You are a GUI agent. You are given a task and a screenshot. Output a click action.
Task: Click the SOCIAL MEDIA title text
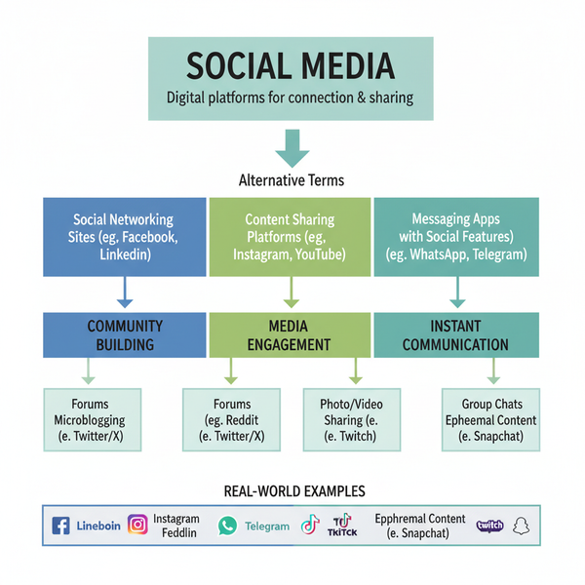[291, 66]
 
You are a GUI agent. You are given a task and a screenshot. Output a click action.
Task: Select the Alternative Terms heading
[291, 180]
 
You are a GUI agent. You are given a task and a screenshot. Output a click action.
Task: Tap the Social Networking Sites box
[124, 237]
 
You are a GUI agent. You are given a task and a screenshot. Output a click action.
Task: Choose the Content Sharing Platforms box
[291, 237]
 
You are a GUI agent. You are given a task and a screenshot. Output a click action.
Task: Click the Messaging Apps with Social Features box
[455, 237]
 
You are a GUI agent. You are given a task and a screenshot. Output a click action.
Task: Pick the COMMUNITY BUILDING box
[124, 334]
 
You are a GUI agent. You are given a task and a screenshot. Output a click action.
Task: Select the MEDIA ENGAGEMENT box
[291, 334]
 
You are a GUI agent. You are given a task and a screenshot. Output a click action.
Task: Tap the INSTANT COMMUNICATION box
[455, 334]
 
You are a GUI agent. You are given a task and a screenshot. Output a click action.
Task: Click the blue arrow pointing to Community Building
[124, 292]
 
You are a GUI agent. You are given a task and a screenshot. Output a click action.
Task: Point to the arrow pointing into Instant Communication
[456, 292]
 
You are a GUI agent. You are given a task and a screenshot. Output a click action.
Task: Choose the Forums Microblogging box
[92, 419]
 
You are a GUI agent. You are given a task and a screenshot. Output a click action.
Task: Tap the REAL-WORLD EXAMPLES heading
[291, 491]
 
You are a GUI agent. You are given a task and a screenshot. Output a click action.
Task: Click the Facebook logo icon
[60, 526]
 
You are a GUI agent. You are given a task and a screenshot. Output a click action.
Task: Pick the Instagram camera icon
[138, 526]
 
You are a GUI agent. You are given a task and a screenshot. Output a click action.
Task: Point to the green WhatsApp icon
[227, 526]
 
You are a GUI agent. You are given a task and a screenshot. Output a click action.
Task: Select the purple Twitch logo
[489, 526]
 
